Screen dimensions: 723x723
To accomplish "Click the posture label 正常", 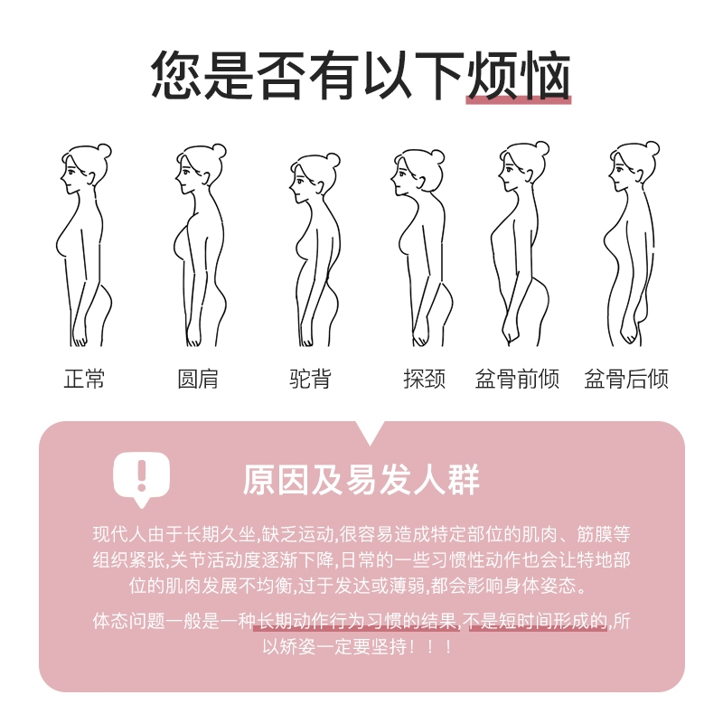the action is [84, 379].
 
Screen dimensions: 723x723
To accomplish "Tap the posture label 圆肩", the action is [198, 379].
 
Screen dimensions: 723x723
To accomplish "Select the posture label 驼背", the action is [310, 379].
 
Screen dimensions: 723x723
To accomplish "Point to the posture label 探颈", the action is [424, 379].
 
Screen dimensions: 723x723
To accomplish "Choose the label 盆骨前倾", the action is [517, 379].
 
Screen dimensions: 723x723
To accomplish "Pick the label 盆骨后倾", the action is [626, 379].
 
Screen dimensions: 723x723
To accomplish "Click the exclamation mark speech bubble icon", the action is [142, 479].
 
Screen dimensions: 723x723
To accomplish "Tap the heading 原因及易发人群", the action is [361, 480].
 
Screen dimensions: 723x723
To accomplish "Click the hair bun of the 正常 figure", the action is [104, 151].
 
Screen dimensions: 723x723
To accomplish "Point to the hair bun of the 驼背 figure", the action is [333, 160].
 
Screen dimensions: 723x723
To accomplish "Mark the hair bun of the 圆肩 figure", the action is [219, 151].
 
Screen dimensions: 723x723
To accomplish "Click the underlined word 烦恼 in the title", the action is [519, 76].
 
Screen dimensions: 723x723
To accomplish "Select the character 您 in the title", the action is [176, 75].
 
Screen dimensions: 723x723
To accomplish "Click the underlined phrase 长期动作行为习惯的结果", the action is [357, 622].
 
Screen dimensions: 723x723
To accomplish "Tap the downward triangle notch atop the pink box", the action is [370, 432].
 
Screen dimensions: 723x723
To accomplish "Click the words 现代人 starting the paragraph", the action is [119, 535].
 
